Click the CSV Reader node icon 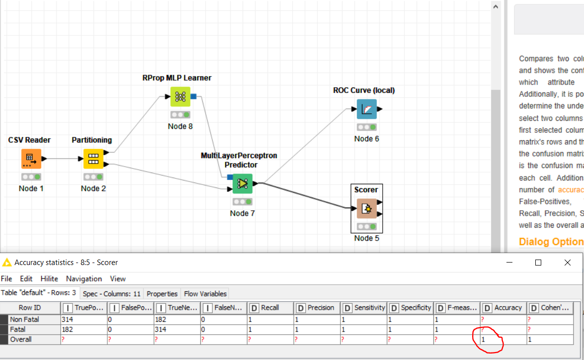pos(31,159)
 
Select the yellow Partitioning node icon pos(93,159)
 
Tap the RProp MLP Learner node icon pos(180,96)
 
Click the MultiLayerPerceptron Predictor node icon pos(242,183)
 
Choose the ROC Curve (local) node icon pos(366,109)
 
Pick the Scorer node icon pos(366,208)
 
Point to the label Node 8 pos(180,126)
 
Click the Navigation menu pos(84,278)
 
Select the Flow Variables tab pos(205,293)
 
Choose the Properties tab pos(162,293)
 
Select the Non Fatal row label pos(24,319)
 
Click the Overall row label pos(20,339)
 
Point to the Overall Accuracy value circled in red pos(484,340)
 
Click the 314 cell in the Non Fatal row pos(67,319)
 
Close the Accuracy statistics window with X pos(568,262)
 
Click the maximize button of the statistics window pos(538,262)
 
